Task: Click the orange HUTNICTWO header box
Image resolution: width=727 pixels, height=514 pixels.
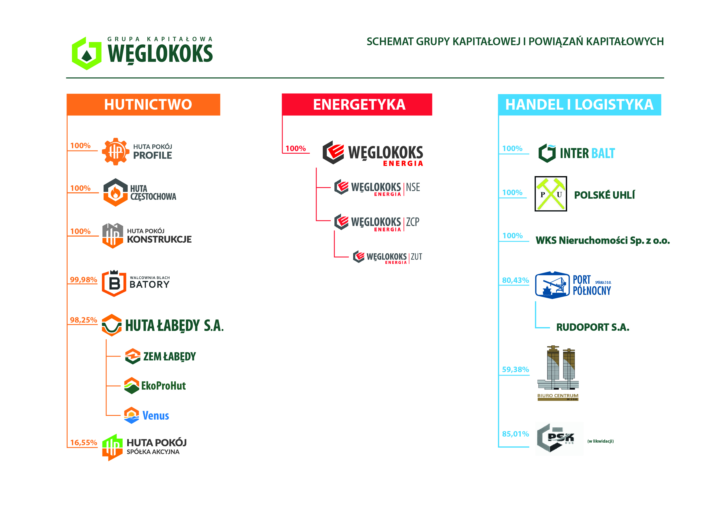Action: click(x=143, y=104)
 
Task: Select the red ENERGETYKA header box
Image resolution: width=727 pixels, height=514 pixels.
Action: click(x=357, y=104)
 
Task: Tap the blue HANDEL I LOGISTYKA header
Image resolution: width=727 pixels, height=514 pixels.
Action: click(x=579, y=104)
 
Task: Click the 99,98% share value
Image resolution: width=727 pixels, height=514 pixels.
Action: click(x=83, y=280)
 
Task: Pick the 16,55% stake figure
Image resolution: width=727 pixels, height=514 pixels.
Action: click(x=83, y=442)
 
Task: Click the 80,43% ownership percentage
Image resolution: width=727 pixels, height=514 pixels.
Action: click(x=515, y=280)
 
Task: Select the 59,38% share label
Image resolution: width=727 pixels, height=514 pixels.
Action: click(x=515, y=370)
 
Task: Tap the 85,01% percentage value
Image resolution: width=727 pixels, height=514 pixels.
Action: click(x=515, y=434)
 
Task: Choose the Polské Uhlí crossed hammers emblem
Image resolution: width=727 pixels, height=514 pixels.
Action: click(x=551, y=194)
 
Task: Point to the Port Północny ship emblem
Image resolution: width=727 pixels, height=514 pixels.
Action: click(x=552, y=285)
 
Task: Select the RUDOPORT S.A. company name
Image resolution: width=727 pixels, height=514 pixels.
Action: click(x=592, y=328)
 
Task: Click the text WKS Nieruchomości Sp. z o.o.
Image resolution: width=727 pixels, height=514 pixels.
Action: click(x=603, y=241)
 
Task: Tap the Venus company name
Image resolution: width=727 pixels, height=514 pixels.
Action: click(x=155, y=416)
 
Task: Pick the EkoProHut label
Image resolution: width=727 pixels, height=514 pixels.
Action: click(x=163, y=386)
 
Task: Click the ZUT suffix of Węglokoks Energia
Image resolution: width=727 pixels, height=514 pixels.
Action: click(x=416, y=256)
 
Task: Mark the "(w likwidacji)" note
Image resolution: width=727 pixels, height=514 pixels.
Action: click(x=600, y=441)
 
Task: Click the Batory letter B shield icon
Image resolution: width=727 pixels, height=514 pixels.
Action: click(x=114, y=283)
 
